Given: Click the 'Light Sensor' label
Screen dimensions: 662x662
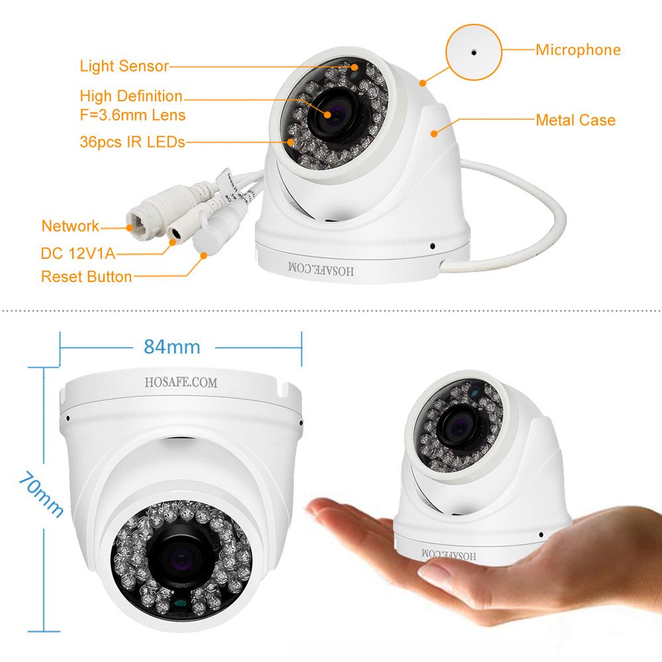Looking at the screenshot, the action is coord(124,66).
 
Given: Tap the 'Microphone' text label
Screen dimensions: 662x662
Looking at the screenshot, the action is coord(578,50).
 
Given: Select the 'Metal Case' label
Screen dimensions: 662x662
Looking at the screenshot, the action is coord(575,120).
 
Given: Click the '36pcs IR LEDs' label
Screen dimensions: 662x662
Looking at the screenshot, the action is coord(132,142).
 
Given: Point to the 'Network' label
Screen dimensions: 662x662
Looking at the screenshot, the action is coord(70,226).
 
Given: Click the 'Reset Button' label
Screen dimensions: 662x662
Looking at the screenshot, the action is coord(86,276).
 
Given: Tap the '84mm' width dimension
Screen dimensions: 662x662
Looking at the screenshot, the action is coord(171,346).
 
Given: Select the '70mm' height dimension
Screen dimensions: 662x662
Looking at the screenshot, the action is coord(40,494).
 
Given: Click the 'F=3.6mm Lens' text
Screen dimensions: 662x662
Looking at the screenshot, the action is coord(132,115).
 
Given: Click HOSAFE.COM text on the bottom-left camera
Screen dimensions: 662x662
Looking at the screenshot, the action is coord(181,383).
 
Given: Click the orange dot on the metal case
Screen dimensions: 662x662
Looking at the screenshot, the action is coord(434,133).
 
